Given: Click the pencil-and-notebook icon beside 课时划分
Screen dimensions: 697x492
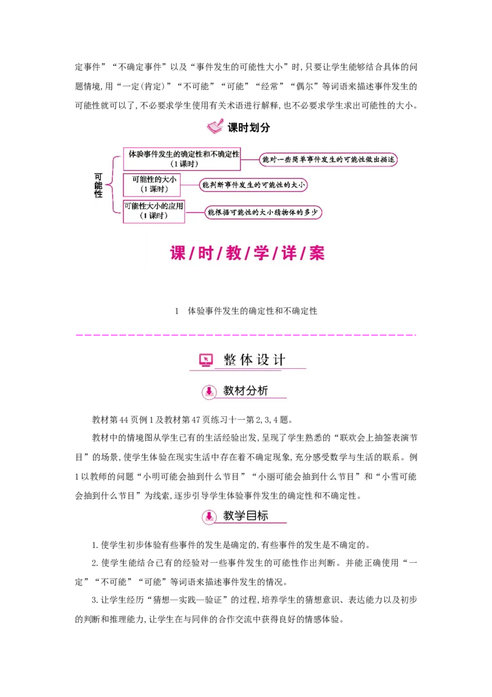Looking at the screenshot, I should (x=215, y=127).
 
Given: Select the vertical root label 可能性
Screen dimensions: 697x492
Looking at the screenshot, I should (x=98, y=185).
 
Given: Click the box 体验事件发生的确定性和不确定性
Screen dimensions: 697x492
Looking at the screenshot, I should (x=183, y=158).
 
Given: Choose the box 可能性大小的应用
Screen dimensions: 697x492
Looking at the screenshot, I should (x=154, y=211).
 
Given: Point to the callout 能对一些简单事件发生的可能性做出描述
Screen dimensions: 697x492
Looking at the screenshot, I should (x=328, y=160).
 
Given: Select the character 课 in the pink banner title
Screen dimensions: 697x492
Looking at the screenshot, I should (x=178, y=253).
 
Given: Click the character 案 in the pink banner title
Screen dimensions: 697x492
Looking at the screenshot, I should (x=316, y=253).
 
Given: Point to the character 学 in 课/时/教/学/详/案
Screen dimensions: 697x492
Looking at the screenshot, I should (x=261, y=253).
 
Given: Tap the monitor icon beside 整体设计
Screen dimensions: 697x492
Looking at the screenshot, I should (x=206, y=360).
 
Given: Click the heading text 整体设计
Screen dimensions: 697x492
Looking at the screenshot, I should (x=255, y=360).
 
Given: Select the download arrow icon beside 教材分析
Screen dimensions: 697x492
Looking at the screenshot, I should (x=209, y=392).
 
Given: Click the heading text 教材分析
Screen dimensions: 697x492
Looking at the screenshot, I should (x=245, y=391).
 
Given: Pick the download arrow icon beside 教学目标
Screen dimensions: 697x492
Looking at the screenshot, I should (x=209, y=517).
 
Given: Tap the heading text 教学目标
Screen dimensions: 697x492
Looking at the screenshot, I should (x=245, y=516).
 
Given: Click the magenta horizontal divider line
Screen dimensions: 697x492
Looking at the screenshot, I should (x=246, y=334).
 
